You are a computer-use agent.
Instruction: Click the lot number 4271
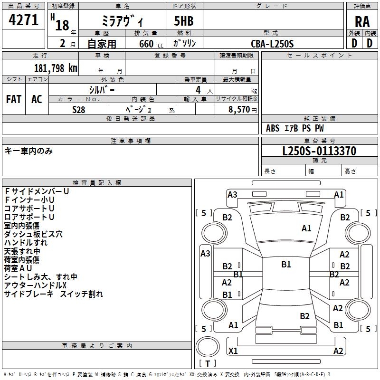click(23, 20)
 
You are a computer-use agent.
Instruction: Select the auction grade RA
click(362, 22)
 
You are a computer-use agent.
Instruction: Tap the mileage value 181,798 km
click(56, 68)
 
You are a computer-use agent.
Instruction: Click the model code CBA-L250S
click(272, 44)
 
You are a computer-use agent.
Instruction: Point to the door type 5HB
click(184, 21)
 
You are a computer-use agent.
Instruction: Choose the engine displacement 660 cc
click(151, 44)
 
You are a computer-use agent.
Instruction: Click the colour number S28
click(79, 110)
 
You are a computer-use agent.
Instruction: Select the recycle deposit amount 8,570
click(239, 109)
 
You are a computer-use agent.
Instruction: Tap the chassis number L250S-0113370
click(319, 151)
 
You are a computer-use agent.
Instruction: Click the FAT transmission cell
click(14, 99)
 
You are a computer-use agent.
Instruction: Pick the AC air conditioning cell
click(37, 99)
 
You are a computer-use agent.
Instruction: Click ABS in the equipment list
click(273, 128)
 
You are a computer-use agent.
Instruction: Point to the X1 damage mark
click(233, 351)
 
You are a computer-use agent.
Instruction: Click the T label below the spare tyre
click(208, 363)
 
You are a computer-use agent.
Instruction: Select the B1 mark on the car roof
click(286, 264)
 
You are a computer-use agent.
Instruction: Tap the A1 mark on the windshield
click(306, 228)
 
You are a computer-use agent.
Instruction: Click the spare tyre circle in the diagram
click(208, 347)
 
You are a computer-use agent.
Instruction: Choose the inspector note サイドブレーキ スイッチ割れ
click(54, 294)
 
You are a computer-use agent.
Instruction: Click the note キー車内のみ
click(28, 151)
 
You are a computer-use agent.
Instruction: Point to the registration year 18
click(62, 25)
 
